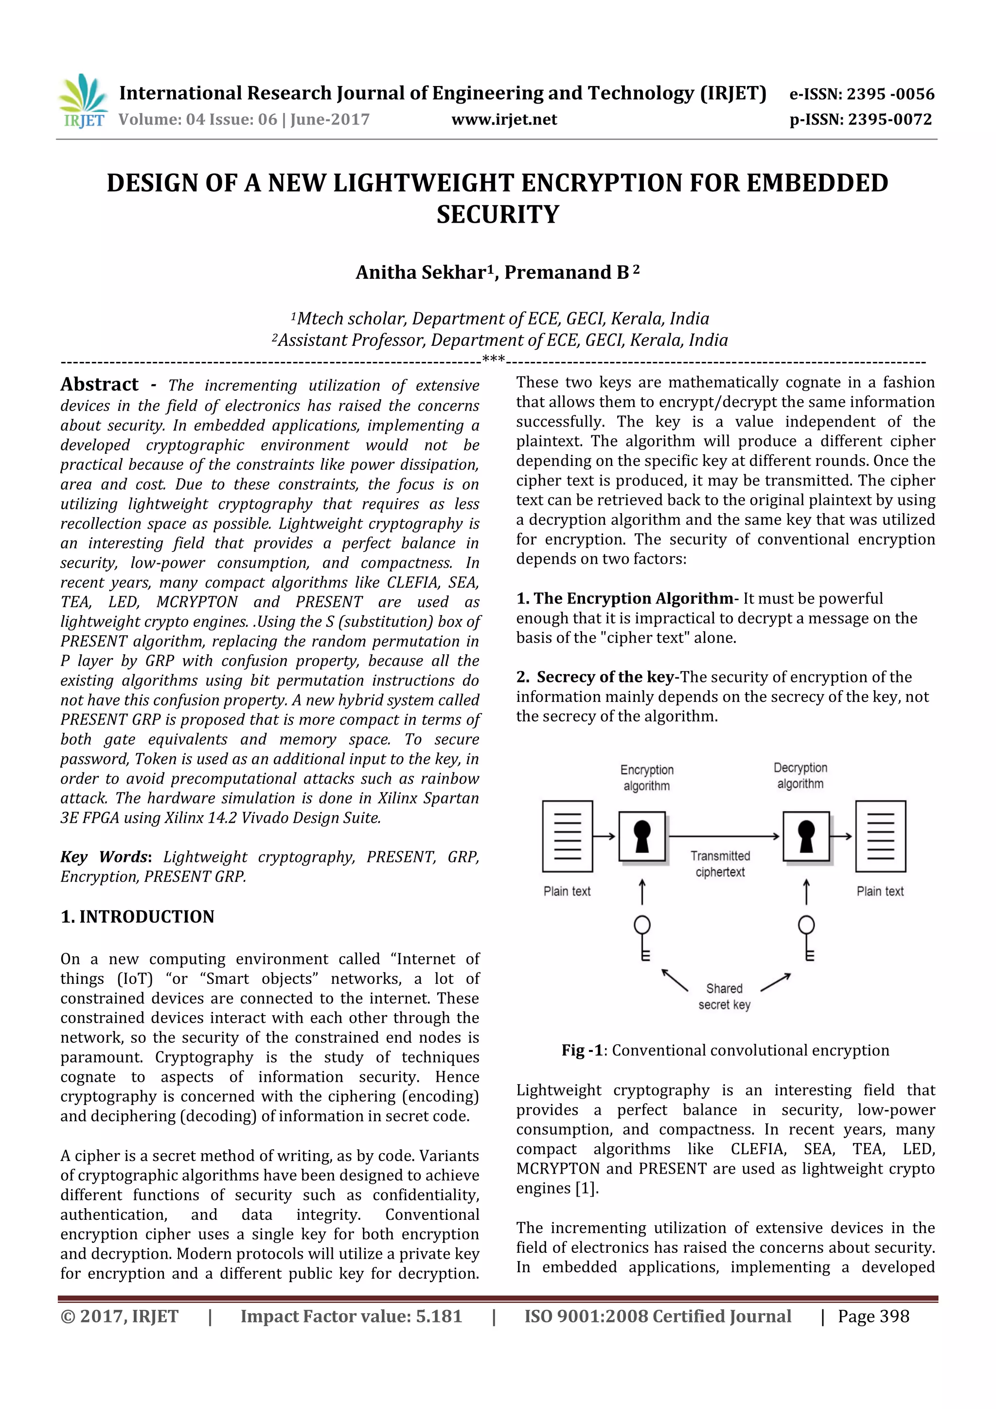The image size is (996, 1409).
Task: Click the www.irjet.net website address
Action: pos(504,120)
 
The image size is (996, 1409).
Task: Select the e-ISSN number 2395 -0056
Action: pos(890,94)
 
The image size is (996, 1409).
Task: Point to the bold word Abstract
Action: pos(99,385)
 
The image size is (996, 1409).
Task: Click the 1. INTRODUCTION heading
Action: pos(138,917)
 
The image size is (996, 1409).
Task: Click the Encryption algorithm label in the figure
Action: pos(647,778)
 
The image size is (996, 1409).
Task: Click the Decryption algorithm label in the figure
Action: pos(800,776)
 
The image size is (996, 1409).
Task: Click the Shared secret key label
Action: pos(724,997)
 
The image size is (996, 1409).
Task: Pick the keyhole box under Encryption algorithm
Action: pos(642,837)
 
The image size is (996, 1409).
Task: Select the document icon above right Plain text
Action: pos(880,836)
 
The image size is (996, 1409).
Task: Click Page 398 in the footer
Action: pos(873,1316)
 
